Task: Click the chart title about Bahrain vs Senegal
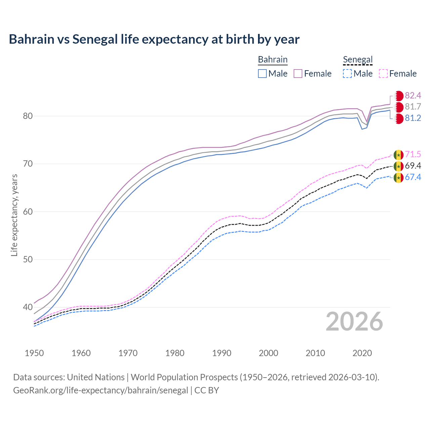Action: click(x=154, y=39)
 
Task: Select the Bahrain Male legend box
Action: click(x=262, y=74)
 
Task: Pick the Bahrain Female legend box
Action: click(x=298, y=74)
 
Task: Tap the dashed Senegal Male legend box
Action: click(x=347, y=74)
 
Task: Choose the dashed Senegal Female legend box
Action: click(x=383, y=74)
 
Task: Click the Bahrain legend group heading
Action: click(x=272, y=59)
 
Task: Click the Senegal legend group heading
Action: click(x=358, y=59)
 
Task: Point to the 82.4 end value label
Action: click(x=413, y=95)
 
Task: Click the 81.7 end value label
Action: click(x=413, y=107)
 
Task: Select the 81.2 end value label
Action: click(x=413, y=118)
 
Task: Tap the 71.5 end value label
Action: click(x=413, y=154)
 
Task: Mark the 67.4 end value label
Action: click(x=413, y=177)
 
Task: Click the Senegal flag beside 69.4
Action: click(x=398, y=166)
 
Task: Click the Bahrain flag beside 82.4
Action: click(x=398, y=96)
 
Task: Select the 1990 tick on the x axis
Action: click(x=222, y=353)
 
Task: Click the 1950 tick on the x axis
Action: click(x=34, y=353)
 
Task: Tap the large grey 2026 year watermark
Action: click(x=354, y=322)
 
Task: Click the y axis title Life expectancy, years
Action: click(x=14, y=215)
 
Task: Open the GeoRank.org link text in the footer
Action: click(x=100, y=390)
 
